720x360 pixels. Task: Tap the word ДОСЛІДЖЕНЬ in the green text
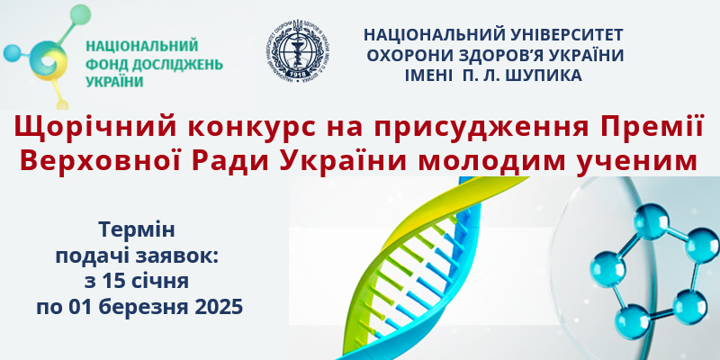[x=177, y=65]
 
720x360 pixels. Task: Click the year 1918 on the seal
[x=299, y=73]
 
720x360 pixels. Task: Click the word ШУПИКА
[x=544, y=76]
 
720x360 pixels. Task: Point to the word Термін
[x=138, y=230]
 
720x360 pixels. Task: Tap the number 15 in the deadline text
[x=115, y=282]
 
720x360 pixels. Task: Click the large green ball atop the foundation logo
[x=80, y=14]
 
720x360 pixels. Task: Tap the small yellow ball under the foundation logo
[x=63, y=104]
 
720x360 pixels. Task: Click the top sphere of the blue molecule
[x=651, y=220]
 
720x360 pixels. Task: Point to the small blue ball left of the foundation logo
[x=12, y=53]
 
